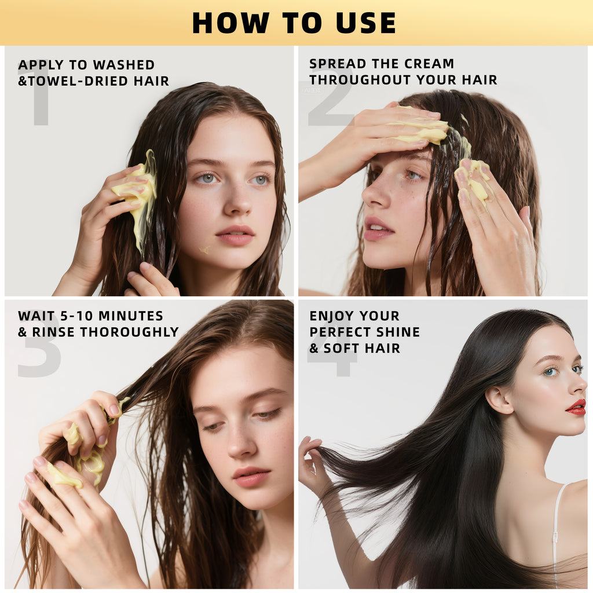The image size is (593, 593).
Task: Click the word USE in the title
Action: [365, 23]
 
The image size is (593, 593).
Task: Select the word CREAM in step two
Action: [427, 64]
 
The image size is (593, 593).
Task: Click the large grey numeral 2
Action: [330, 104]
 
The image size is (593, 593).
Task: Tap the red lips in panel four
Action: [576, 408]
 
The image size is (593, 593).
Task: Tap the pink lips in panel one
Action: [235, 235]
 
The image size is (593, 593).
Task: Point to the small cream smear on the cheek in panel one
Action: [204, 250]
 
